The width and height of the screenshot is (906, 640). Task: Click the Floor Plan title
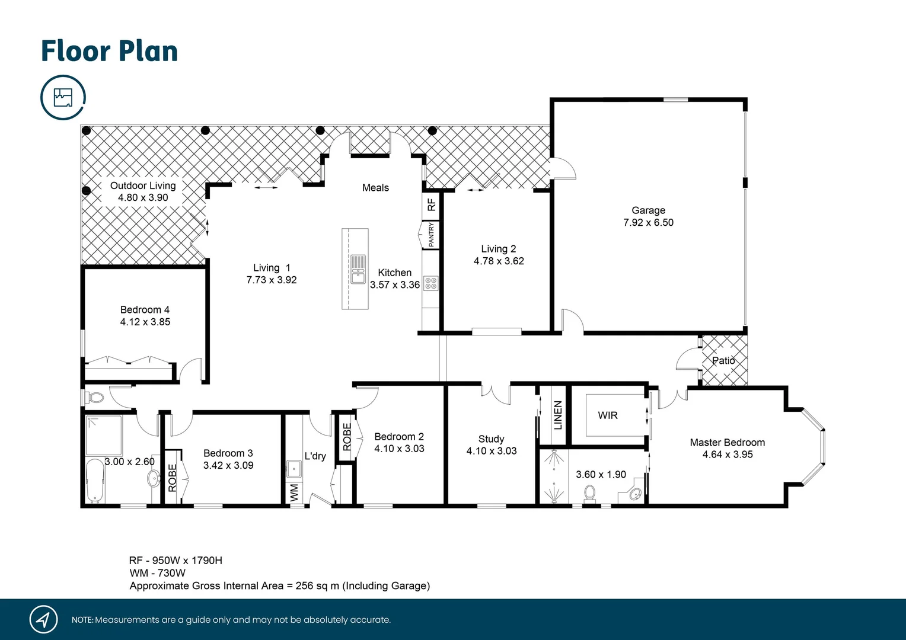click(109, 52)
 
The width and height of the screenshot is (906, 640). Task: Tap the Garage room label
click(648, 210)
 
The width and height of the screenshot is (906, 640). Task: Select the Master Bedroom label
click(727, 443)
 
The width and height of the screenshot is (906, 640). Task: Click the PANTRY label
click(431, 235)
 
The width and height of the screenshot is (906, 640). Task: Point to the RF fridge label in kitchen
click(432, 204)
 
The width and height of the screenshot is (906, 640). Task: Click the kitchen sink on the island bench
click(358, 269)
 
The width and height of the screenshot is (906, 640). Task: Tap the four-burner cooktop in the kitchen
click(431, 283)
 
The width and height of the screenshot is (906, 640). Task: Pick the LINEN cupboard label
click(557, 415)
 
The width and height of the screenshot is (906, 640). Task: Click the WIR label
click(608, 415)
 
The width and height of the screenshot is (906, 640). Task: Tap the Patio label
click(723, 360)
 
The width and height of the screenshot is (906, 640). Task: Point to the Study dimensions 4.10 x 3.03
click(492, 451)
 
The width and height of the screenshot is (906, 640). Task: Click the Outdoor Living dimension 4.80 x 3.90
click(143, 198)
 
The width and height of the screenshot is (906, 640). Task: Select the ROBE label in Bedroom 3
click(173, 478)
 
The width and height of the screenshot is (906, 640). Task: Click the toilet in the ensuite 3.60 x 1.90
click(589, 492)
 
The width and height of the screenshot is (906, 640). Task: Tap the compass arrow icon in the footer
click(43, 620)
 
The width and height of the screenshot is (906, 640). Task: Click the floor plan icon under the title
click(63, 97)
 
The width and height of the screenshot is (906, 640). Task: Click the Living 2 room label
click(499, 249)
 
